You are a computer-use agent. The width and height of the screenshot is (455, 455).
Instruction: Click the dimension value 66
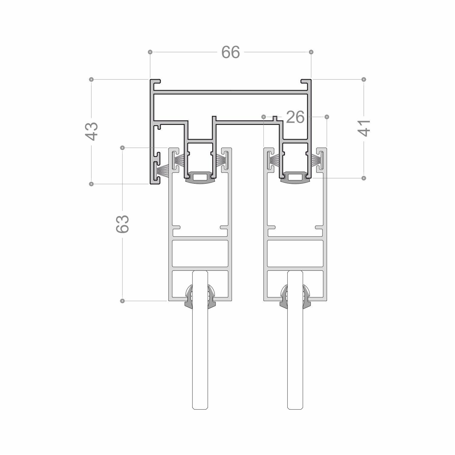231,52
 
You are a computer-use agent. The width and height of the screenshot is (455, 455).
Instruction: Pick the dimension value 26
295,117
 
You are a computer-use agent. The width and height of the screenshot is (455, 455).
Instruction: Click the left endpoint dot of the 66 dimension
150,52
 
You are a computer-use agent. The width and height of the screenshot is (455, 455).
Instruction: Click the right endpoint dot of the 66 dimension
311,52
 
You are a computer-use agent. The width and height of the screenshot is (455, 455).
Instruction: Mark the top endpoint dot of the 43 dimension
91,79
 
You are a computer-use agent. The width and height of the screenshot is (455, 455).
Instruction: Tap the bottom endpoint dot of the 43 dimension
91,184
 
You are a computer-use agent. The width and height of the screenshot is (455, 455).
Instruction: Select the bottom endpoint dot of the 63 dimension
122,301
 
